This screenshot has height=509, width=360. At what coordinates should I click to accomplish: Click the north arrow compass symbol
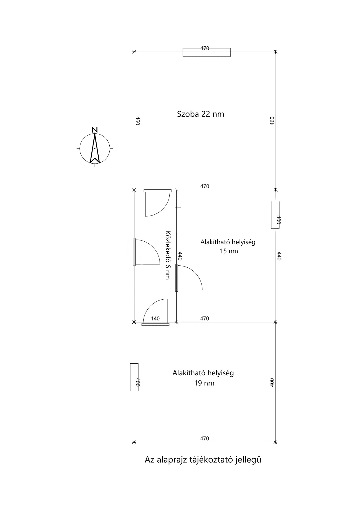coord(95,148)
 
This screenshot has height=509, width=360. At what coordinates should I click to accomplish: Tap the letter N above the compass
coord(95,130)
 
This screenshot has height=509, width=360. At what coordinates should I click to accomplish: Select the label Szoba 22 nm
coord(200,114)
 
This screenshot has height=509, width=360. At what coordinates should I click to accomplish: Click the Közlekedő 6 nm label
coord(168,255)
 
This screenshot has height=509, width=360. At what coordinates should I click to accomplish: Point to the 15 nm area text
coord(229,251)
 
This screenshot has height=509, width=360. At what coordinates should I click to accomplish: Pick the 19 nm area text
coord(204,383)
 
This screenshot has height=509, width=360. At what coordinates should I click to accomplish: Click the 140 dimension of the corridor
coord(155,318)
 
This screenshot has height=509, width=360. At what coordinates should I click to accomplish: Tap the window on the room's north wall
coord(207,52)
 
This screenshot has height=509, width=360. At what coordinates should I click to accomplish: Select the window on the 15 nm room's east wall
coord(275,215)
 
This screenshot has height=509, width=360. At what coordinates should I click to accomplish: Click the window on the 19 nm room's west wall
coord(134,377)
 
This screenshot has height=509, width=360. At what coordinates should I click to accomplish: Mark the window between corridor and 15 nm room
coord(178,221)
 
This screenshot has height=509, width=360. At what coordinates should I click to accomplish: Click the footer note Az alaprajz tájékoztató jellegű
coord(203,460)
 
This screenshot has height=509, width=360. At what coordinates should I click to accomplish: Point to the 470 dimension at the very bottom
coord(205,439)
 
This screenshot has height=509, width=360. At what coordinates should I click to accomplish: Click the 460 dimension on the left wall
coord(138,121)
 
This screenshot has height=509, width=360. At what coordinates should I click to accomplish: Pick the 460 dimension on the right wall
coord(272,121)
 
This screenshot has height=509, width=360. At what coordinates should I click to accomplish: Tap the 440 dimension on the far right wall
coord(279,256)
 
